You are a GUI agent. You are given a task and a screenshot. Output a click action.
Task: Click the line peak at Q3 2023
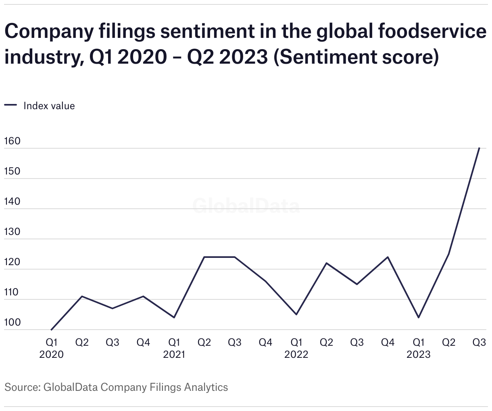(x=479, y=148)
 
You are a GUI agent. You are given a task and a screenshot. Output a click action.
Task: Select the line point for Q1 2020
(x=51, y=330)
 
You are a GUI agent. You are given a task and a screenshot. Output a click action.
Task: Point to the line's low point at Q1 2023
(x=419, y=318)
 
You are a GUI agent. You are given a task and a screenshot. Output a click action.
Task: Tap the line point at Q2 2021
(x=204, y=257)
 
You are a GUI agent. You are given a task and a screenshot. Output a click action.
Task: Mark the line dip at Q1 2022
(x=296, y=314)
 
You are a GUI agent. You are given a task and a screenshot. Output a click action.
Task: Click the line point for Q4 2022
(x=388, y=257)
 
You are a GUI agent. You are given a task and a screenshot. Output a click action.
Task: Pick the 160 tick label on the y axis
(x=12, y=141)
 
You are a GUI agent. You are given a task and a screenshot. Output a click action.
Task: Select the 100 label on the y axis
(x=12, y=323)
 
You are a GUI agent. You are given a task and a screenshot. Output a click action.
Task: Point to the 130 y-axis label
(x=12, y=232)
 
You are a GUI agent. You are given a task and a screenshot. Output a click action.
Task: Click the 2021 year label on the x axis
(x=174, y=355)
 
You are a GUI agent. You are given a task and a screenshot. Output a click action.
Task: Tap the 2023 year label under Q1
(x=419, y=355)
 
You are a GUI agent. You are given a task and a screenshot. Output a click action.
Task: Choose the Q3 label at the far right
(x=479, y=342)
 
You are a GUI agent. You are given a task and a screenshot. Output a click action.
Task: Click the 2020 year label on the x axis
(x=51, y=355)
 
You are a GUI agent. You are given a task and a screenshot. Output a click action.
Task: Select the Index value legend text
(x=49, y=106)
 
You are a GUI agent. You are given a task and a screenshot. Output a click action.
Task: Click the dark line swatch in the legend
(x=10, y=106)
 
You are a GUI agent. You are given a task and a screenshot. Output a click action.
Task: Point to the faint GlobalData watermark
(x=246, y=206)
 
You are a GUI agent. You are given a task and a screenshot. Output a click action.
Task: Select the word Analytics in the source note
(x=206, y=387)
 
